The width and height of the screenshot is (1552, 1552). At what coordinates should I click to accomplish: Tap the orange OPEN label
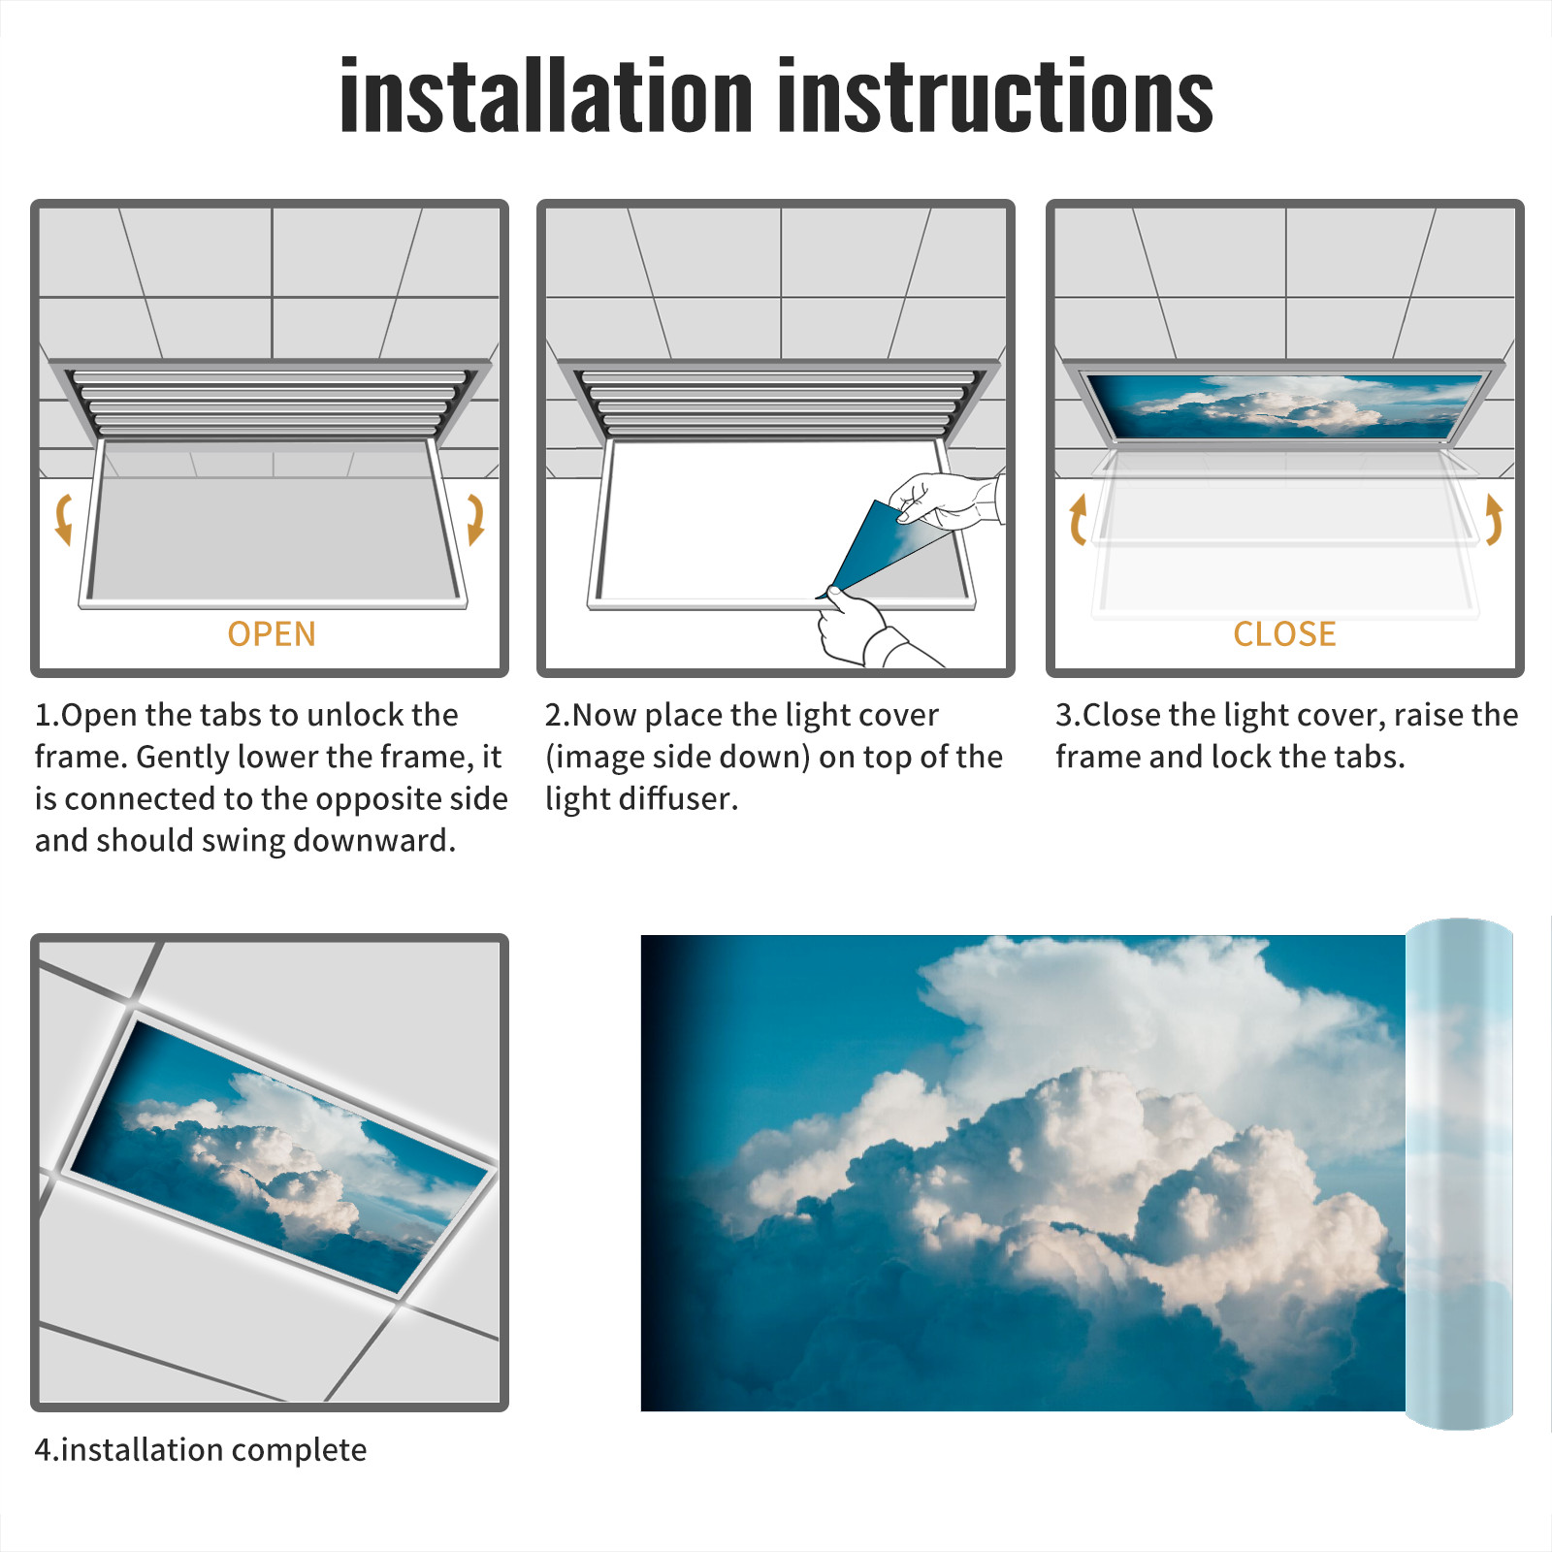click(272, 633)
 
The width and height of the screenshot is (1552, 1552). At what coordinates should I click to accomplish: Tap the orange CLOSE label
click(1284, 633)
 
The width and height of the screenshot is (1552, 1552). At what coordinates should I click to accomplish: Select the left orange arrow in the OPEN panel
click(63, 519)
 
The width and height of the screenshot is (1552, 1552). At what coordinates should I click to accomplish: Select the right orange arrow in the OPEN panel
click(475, 519)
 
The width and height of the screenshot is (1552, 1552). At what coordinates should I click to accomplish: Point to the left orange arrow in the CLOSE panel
click(1078, 519)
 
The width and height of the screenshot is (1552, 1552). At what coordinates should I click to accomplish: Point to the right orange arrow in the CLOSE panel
click(1494, 519)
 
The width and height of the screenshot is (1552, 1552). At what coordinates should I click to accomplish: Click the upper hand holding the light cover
click(946, 500)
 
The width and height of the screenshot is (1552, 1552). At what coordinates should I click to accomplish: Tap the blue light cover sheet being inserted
click(878, 548)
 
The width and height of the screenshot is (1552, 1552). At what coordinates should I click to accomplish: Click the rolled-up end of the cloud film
click(1459, 1174)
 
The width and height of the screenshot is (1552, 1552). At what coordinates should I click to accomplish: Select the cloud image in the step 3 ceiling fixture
click(1284, 405)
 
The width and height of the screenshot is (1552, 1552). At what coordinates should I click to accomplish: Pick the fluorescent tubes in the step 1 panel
click(270, 402)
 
